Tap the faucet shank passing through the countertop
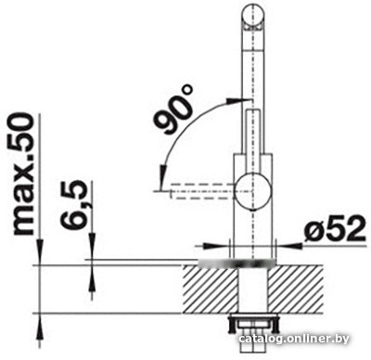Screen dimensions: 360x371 (x=251, y=288)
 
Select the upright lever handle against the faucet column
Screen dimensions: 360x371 (x=252, y=139)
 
